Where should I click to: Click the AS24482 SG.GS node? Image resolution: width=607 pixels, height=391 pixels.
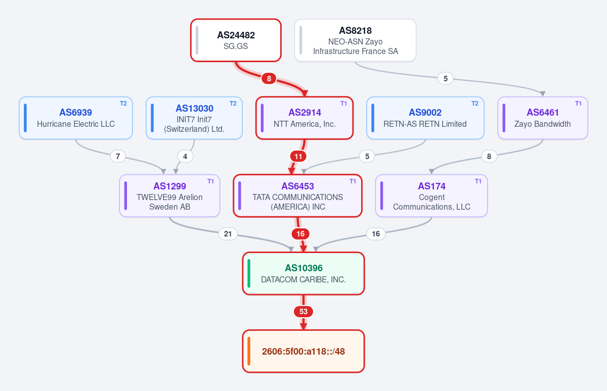click(x=236, y=40)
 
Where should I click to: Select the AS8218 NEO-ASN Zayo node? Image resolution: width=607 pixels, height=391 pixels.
click(x=355, y=40)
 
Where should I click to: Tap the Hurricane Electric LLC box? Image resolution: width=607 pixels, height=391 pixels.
click(x=75, y=118)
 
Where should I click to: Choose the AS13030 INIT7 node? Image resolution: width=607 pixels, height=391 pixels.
click(x=194, y=118)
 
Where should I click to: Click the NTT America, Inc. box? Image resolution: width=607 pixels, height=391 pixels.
click(x=305, y=118)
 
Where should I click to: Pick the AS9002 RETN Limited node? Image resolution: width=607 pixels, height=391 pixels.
click(x=425, y=118)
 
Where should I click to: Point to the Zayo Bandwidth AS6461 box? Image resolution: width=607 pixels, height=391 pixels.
click(x=542, y=118)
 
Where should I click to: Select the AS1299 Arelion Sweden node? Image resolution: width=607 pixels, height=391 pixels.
click(x=169, y=196)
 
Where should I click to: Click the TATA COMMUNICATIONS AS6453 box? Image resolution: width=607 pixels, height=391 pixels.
click(x=297, y=196)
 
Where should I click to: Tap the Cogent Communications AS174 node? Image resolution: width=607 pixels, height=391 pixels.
click(x=431, y=196)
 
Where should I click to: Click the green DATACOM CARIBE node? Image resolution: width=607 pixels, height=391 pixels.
click(x=303, y=273)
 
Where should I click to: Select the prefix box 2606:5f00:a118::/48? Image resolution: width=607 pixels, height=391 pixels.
click(x=303, y=351)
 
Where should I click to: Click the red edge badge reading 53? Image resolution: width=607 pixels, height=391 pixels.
click(x=303, y=312)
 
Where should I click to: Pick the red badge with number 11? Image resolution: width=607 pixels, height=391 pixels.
click(x=298, y=157)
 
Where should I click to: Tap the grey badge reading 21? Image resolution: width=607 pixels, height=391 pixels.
click(x=228, y=234)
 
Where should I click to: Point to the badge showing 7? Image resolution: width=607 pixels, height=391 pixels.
click(x=118, y=157)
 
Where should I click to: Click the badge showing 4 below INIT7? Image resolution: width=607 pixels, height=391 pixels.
click(x=185, y=157)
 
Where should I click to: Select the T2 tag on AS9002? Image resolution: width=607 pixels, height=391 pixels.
click(x=475, y=104)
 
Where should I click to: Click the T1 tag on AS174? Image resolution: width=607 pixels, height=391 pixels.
click(x=478, y=181)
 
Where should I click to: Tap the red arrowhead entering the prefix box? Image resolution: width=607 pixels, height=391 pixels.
click(x=303, y=326)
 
